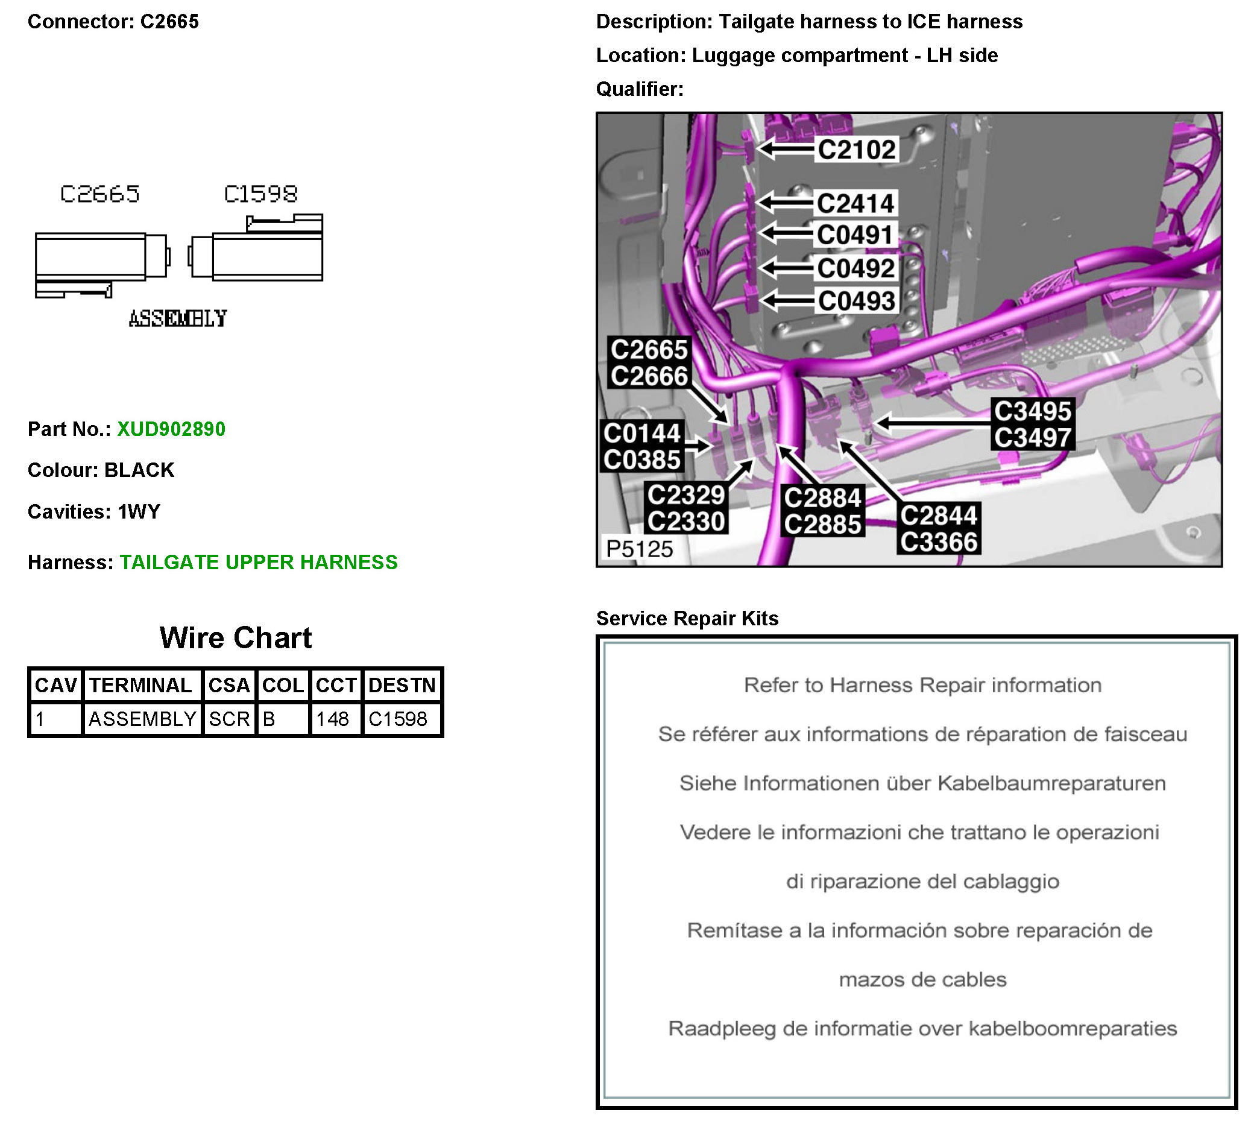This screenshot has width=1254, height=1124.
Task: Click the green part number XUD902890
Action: (171, 429)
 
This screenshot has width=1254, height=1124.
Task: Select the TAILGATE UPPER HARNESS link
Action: (258, 562)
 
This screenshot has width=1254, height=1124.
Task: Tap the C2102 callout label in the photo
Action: (856, 150)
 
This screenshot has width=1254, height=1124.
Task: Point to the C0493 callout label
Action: (856, 302)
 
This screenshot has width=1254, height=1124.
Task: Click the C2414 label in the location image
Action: (855, 203)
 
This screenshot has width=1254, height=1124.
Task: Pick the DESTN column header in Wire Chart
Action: (402, 685)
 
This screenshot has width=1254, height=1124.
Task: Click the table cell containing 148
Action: (332, 719)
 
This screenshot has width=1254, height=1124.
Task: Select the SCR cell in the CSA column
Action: (229, 719)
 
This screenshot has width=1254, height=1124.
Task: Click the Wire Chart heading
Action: (235, 637)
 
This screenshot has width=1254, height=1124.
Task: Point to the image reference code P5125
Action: (639, 548)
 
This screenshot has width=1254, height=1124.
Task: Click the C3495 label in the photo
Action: (1032, 411)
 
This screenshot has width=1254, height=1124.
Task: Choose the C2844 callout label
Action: (939, 516)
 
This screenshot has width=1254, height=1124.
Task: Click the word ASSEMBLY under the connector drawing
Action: (178, 318)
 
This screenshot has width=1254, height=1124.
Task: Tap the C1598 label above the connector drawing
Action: (260, 194)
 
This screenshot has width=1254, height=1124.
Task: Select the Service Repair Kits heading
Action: (687, 618)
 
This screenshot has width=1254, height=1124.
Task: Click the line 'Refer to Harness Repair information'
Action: (922, 685)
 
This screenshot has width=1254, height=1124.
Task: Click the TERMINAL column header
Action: (141, 685)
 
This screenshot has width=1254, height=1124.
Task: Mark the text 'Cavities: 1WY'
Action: (94, 511)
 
